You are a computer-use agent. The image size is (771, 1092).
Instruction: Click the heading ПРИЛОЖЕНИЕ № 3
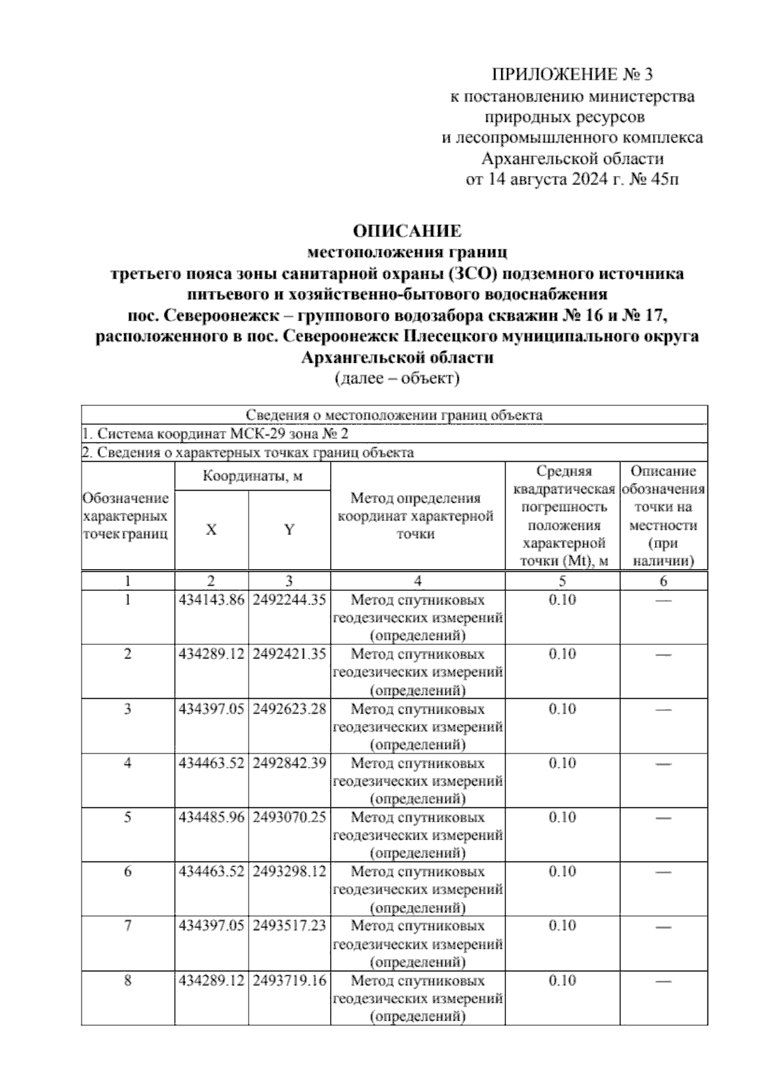pos(571,75)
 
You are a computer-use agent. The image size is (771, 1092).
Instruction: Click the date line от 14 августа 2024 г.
pos(571,179)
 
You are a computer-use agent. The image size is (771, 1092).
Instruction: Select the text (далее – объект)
pos(396,378)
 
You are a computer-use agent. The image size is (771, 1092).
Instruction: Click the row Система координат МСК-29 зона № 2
pos(215,434)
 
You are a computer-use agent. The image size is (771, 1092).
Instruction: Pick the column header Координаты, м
pos(252,477)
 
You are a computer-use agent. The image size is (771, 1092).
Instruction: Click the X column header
pos(211,530)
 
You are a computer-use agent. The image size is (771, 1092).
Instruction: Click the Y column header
pos(289,530)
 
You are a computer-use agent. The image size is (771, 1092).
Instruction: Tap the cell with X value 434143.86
pos(211,600)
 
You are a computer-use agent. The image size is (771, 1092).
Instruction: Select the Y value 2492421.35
pos(289,654)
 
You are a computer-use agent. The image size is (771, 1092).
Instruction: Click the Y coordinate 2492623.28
pos(289,709)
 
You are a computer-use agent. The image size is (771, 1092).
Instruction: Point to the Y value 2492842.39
pos(289,762)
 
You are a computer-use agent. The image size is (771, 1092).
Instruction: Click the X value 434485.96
pos(211,817)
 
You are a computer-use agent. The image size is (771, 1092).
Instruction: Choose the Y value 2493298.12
pos(289,871)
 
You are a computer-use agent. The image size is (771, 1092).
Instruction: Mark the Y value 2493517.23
pos(289,926)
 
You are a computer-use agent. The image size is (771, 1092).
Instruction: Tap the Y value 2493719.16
pos(289,980)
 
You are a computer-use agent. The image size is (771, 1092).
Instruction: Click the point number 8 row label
pos(128,980)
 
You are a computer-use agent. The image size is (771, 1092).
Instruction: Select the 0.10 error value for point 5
pos(562,817)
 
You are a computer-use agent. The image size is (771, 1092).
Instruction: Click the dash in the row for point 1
pos(663,600)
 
